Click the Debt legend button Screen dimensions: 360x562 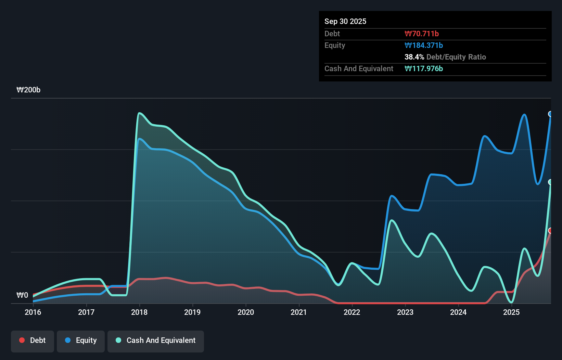click(33, 340)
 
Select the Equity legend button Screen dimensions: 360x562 click(81, 340)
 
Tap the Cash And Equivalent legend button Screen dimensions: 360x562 click(156, 340)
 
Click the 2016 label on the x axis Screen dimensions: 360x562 click(33, 312)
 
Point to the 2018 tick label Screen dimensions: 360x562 click(139, 312)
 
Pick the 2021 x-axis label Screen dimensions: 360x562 click(299, 312)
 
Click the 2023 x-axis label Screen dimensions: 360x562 click(405, 312)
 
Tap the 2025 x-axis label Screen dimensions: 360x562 click(511, 312)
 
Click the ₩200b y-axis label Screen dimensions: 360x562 click(28, 90)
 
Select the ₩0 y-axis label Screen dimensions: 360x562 click(22, 295)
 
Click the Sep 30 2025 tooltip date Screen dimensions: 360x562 click(345, 22)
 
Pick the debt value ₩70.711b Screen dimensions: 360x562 click(422, 34)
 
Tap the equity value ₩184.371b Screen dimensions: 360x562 click(424, 45)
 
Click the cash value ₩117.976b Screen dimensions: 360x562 click(424, 68)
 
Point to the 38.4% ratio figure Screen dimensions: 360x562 click(414, 57)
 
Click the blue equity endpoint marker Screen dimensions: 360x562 click(550, 114)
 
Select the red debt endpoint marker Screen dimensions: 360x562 click(550, 231)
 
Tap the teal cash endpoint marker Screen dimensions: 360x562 click(550, 182)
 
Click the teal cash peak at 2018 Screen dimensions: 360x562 click(139, 113)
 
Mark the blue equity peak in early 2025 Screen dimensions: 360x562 click(524, 115)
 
